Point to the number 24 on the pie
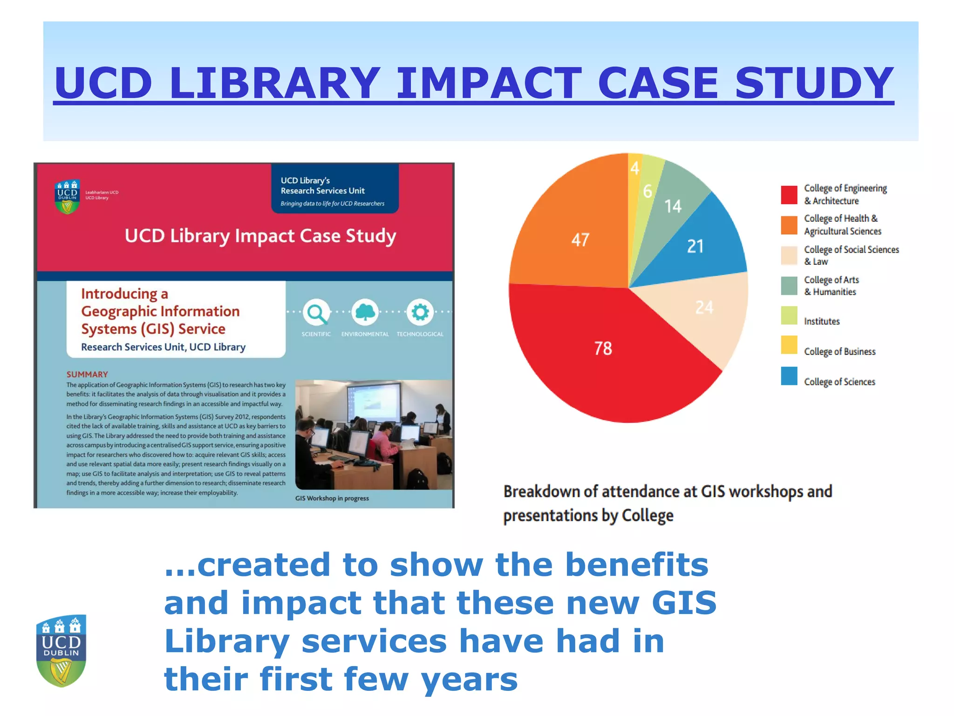tap(704, 307)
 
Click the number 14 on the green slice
tap(673, 206)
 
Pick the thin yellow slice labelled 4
tap(634, 168)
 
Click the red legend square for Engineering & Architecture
tap(789, 195)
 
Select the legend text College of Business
tap(839, 351)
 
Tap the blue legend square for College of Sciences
tap(789, 376)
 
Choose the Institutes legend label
tap(822, 321)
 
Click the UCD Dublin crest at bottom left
tap(61, 650)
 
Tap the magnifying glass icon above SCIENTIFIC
tap(317, 312)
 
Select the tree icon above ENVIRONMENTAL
tap(365, 312)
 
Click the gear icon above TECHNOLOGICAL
tap(420, 312)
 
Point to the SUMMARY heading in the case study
tap(87, 374)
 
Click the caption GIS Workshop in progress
tap(332, 498)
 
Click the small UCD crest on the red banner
tap(68, 196)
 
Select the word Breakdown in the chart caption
tap(540, 492)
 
